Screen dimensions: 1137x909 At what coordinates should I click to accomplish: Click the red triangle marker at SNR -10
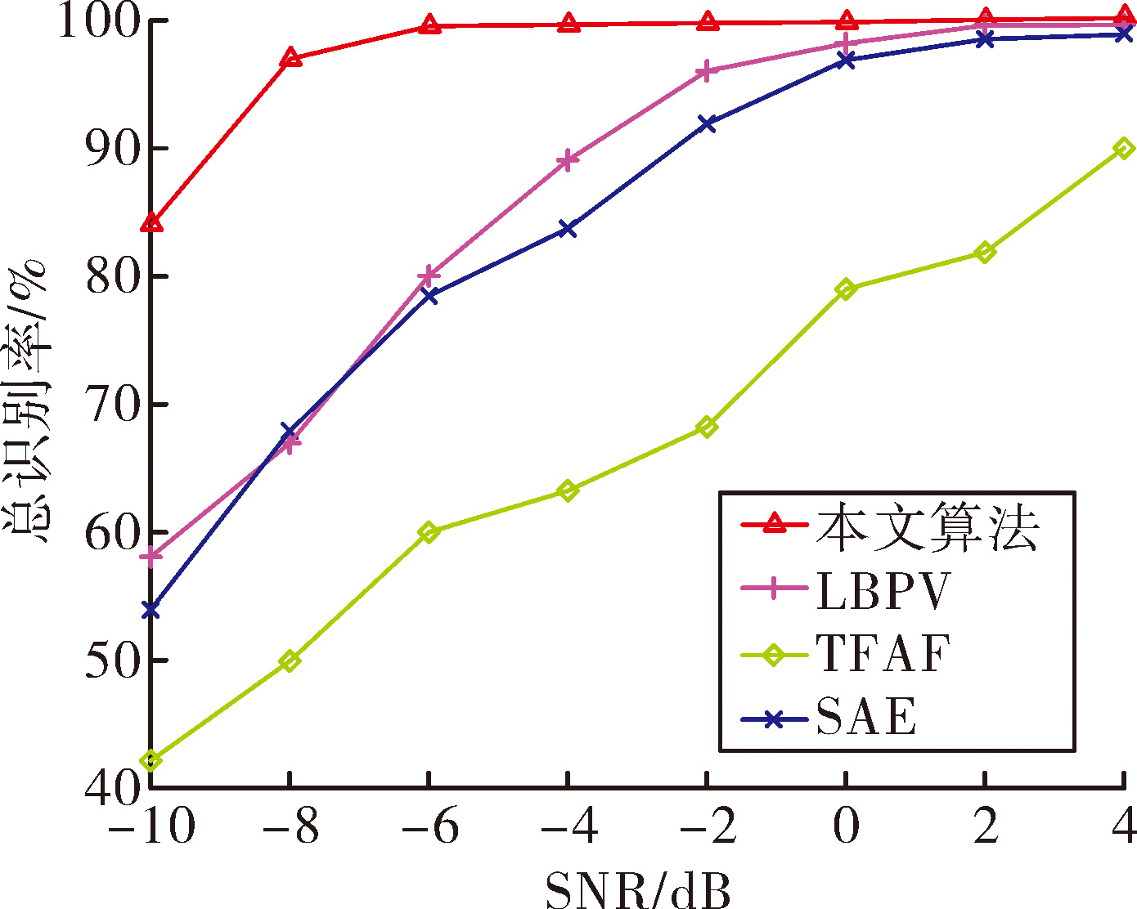pyautogui.click(x=151, y=223)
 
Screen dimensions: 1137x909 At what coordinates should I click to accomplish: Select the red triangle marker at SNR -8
pyautogui.click(x=290, y=57)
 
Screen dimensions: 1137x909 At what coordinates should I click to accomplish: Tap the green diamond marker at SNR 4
pyautogui.click(x=1124, y=149)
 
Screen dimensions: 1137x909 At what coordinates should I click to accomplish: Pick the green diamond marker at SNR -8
pyautogui.click(x=290, y=660)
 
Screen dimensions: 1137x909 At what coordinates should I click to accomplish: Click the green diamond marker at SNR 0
pyautogui.click(x=846, y=289)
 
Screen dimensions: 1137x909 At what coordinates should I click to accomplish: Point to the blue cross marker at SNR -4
pyautogui.click(x=568, y=229)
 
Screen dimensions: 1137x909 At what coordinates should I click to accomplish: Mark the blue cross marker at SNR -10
pyautogui.click(x=151, y=610)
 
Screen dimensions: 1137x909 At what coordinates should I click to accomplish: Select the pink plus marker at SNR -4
pyautogui.click(x=568, y=160)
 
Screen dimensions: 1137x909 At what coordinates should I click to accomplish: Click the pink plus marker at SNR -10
pyautogui.click(x=151, y=556)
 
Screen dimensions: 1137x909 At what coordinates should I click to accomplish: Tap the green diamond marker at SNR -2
pyautogui.click(x=707, y=426)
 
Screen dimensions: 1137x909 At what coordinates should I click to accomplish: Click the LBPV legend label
pyautogui.click(x=883, y=591)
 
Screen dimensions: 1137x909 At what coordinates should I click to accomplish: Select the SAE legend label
pyautogui.click(x=866, y=716)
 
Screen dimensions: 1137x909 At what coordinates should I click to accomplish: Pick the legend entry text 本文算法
pyautogui.click(x=928, y=526)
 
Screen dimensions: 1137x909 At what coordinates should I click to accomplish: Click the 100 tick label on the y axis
pyautogui.click(x=99, y=21)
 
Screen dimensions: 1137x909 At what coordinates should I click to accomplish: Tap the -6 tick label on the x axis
pyautogui.click(x=430, y=825)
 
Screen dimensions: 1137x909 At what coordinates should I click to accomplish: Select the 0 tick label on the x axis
pyautogui.click(x=846, y=825)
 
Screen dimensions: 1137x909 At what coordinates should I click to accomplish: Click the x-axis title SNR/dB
pyautogui.click(x=638, y=889)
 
